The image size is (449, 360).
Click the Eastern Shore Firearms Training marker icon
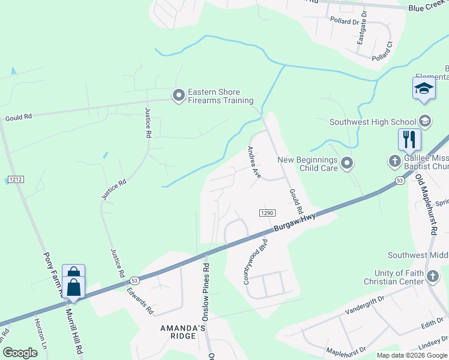tap(178, 95)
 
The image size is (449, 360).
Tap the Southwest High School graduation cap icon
tap(425, 122)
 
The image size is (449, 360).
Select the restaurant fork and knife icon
tap(410, 140)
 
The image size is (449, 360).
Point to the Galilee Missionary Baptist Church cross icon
tap(394, 160)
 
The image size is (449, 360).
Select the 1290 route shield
tap(267, 213)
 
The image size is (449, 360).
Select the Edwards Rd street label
tap(139, 298)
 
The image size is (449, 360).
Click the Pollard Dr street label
tap(344, 20)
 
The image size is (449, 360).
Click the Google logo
tap(20, 353)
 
